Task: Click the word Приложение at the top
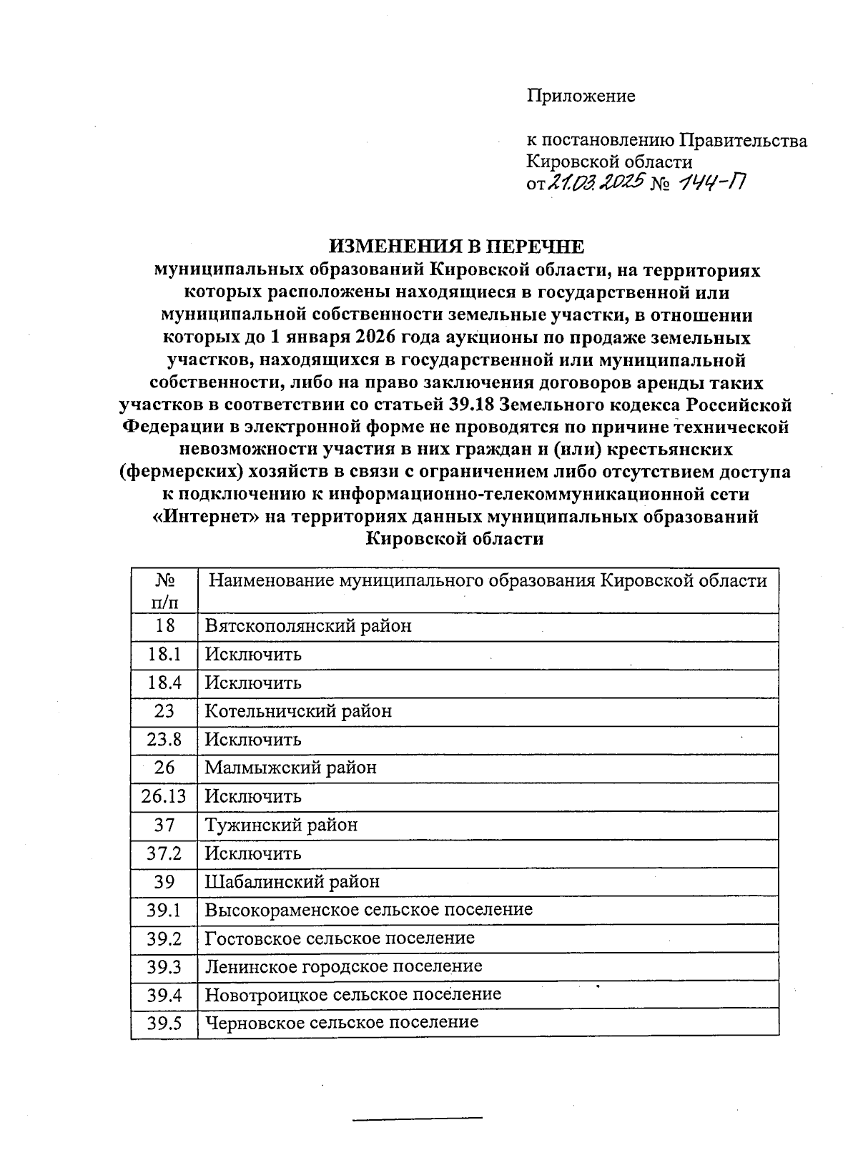(x=581, y=96)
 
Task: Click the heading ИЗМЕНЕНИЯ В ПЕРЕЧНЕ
(x=456, y=247)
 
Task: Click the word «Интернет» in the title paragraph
(x=207, y=517)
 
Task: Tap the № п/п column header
(x=164, y=590)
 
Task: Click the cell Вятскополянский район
(x=308, y=626)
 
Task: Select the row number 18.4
(x=164, y=683)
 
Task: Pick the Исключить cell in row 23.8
(x=253, y=739)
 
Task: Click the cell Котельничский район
(x=298, y=711)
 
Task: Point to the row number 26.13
(x=164, y=796)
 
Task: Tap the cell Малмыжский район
(x=290, y=768)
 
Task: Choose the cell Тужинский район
(x=281, y=825)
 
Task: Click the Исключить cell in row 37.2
(x=253, y=853)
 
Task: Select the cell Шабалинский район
(x=292, y=881)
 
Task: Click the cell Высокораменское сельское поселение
(x=368, y=909)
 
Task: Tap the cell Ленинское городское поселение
(x=343, y=966)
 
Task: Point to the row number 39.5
(x=164, y=1023)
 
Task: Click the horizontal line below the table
(x=418, y=1117)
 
